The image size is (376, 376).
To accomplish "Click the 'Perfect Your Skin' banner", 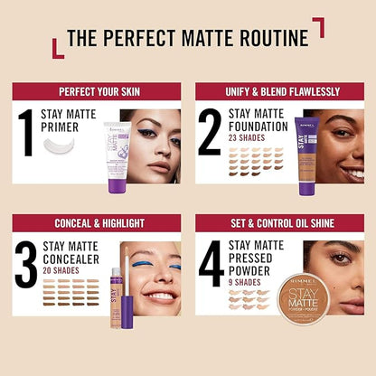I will coord(97,91).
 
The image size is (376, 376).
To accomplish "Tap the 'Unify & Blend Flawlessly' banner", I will coord(279,91).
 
